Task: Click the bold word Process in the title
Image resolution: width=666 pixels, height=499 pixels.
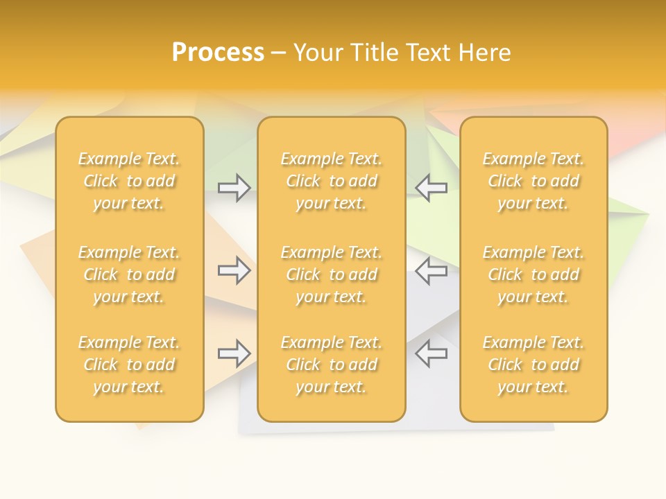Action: pyautogui.click(x=218, y=53)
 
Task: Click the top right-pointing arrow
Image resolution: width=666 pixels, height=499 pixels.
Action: pyautogui.click(x=234, y=188)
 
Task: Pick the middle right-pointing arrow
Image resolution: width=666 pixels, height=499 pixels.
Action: pyautogui.click(x=234, y=271)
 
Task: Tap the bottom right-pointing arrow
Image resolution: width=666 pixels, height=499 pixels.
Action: pyautogui.click(x=234, y=353)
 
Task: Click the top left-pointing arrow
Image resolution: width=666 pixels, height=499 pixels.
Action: pyautogui.click(x=431, y=188)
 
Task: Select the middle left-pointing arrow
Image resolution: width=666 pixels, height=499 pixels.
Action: pyautogui.click(x=431, y=271)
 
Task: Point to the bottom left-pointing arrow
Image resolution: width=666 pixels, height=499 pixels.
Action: pyautogui.click(x=431, y=353)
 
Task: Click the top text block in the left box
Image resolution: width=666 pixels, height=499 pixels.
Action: pyautogui.click(x=129, y=181)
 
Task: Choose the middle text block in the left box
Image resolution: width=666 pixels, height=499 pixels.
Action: pyautogui.click(x=129, y=274)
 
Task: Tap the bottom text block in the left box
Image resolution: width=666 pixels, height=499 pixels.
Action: pyautogui.click(x=129, y=365)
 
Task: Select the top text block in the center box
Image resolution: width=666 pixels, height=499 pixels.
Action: pyautogui.click(x=332, y=181)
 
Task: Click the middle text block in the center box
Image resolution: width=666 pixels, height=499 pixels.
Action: pyautogui.click(x=332, y=274)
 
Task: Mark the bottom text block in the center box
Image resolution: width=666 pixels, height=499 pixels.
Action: pyautogui.click(x=332, y=365)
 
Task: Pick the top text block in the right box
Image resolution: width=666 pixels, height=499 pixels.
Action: pyautogui.click(x=533, y=181)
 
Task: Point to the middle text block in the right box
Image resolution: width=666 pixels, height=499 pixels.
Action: pyautogui.click(x=533, y=274)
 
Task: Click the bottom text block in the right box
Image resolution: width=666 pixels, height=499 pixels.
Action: pyautogui.click(x=533, y=365)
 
